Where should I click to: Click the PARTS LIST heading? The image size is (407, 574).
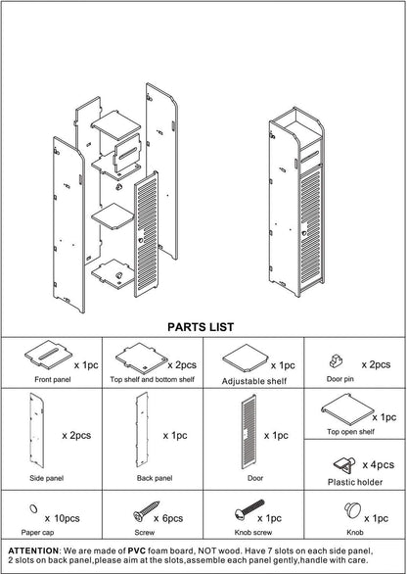[x=200, y=326]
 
